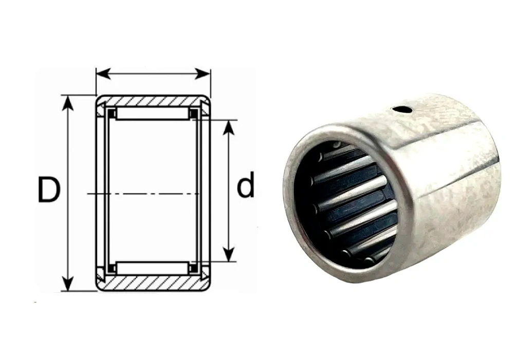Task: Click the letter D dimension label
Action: pos(49,190)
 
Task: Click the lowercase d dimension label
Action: pos(245,186)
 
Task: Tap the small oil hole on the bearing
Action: pos(402,109)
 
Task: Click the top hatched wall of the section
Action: pos(153,101)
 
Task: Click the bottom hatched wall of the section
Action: pos(153,283)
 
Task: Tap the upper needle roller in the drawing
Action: pos(152,113)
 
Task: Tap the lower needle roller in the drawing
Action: pos(152,268)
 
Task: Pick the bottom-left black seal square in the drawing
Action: pos(111,268)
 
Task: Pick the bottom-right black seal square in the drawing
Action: pos(194,268)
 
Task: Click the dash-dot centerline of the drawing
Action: pos(144,194)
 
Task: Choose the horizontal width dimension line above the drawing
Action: pos(153,74)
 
